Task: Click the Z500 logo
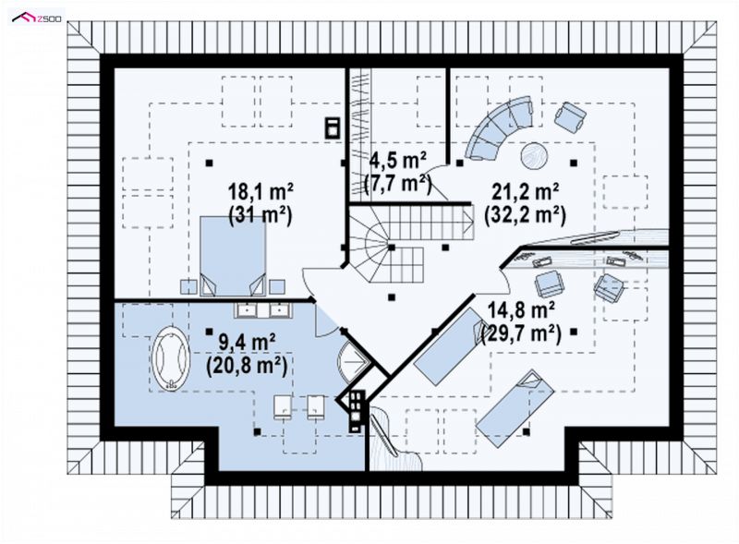tap(36, 18)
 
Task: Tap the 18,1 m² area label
tap(260, 192)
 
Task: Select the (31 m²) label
tap(260, 215)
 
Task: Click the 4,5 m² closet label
tap(398, 161)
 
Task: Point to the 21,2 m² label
tap(525, 191)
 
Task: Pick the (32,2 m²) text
tap(525, 214)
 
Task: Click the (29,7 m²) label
tap(521, 333)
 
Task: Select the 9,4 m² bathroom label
tap(247, 342)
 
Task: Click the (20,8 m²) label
tap(247, 365)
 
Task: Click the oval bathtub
tap(171, 358)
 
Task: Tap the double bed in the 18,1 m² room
tap(233, 256)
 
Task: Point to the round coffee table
tap(535, 155)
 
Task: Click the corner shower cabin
tap(352, 360)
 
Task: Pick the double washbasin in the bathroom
tap(263, 309)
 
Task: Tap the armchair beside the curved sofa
tap(570, 116)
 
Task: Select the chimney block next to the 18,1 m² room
tap(333, 127)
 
